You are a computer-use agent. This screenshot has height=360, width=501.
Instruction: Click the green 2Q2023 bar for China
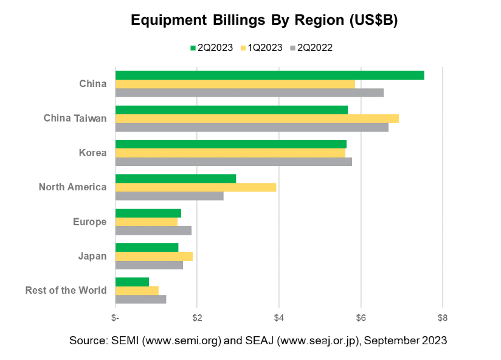coord(269,75)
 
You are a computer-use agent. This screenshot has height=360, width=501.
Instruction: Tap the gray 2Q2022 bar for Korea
coord(233,162)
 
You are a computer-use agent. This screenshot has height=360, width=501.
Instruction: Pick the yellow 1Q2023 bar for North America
coord(196,187)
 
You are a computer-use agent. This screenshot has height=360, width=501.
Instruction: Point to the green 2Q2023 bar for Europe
coord(148,213)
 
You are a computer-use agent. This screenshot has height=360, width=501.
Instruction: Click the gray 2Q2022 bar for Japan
coord(149,265)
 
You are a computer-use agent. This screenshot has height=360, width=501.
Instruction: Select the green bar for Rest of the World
coord(132,282)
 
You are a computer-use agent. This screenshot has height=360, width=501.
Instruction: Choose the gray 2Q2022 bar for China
coord(249,92)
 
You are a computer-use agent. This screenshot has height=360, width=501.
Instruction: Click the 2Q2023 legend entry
coord(211,47)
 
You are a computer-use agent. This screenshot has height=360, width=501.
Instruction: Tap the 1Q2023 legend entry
coord(261,47)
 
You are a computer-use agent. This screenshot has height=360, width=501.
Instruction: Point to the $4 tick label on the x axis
coord(278,317)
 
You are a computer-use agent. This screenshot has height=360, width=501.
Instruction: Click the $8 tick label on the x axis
coord(443,317)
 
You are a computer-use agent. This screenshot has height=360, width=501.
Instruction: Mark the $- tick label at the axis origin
coord(116,317)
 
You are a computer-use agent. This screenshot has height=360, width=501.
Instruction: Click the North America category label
coord(72,187)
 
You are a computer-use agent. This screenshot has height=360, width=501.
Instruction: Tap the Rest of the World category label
coord(66,290)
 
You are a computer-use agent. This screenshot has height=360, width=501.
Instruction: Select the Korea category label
coord(93,153)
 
